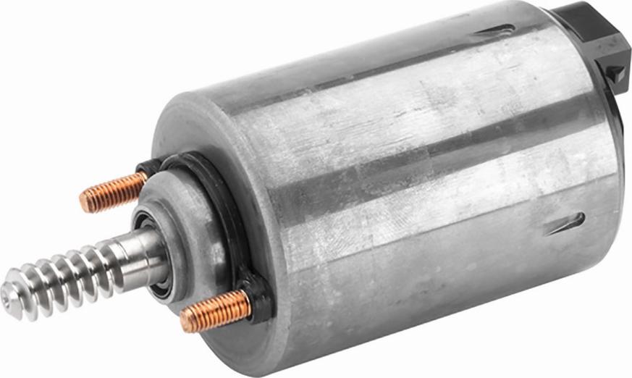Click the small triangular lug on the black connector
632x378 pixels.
point(615,72)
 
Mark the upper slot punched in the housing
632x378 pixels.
point(497,30)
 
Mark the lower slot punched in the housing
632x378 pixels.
point(565,224)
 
